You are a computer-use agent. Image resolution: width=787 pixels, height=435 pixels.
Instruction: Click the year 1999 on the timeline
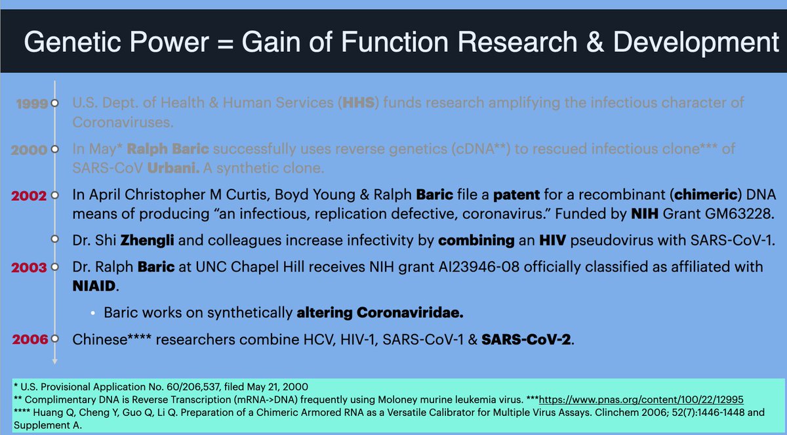point(32,104)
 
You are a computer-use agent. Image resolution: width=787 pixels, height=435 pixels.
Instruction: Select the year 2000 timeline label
point(29,150)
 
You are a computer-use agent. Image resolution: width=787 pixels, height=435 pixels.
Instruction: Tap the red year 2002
point(29,196)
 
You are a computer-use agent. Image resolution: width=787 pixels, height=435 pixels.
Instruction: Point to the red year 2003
point(29,268)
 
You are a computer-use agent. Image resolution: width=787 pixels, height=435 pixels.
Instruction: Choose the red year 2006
point(30,339)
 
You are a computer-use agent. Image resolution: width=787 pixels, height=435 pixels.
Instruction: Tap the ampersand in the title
point(595,42)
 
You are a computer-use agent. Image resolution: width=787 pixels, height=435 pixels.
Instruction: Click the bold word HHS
point(358,102)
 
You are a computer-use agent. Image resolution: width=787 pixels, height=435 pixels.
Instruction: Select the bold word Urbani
point(173,168)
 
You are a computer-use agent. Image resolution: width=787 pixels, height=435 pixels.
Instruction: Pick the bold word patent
point(517,195)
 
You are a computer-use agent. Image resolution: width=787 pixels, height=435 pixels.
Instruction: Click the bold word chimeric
point(706,195)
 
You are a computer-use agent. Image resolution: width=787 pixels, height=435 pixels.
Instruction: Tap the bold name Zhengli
point(147,241)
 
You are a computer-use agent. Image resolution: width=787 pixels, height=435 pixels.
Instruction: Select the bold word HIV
point(553,240)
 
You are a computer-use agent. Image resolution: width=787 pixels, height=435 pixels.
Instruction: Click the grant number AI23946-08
point(479,267)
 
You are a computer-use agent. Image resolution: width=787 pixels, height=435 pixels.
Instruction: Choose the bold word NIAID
point(94,286)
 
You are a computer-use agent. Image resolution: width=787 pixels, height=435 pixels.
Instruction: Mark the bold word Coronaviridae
point(410,312)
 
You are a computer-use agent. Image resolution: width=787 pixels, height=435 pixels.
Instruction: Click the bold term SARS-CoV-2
point(526,339)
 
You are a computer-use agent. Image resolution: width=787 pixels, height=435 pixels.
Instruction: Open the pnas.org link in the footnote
point(641,400)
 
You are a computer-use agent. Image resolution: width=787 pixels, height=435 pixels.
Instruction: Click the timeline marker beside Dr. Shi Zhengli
point(54,239)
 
